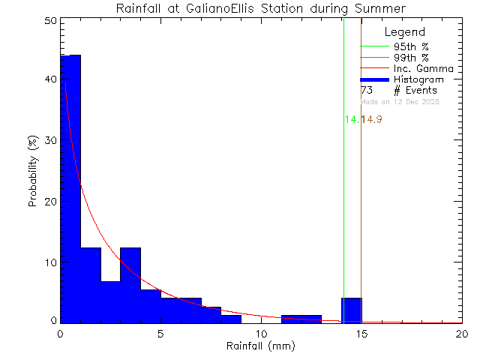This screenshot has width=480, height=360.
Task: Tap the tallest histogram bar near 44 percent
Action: (x=70, y=187)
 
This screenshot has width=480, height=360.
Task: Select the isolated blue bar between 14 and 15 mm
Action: (x=351, y=310)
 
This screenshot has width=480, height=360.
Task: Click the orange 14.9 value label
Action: (x=373, y=120)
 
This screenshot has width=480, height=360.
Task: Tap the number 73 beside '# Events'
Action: (x=367, y=90)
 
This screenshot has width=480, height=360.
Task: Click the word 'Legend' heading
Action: (x=404, y=32)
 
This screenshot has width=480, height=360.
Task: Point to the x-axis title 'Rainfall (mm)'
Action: (x=261, y=346)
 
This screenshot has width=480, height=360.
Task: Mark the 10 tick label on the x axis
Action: (x=261, y=334)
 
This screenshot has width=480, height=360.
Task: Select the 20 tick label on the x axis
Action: (x=462, y=334)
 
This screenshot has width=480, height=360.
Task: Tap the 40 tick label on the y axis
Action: (x=49, y=79)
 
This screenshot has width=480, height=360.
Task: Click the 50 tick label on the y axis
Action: (x=49, y=21)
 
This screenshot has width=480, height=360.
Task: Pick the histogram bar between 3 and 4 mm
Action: (x=130, y=285)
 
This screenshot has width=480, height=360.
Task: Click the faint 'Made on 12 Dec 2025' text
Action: (x=401, y=101)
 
